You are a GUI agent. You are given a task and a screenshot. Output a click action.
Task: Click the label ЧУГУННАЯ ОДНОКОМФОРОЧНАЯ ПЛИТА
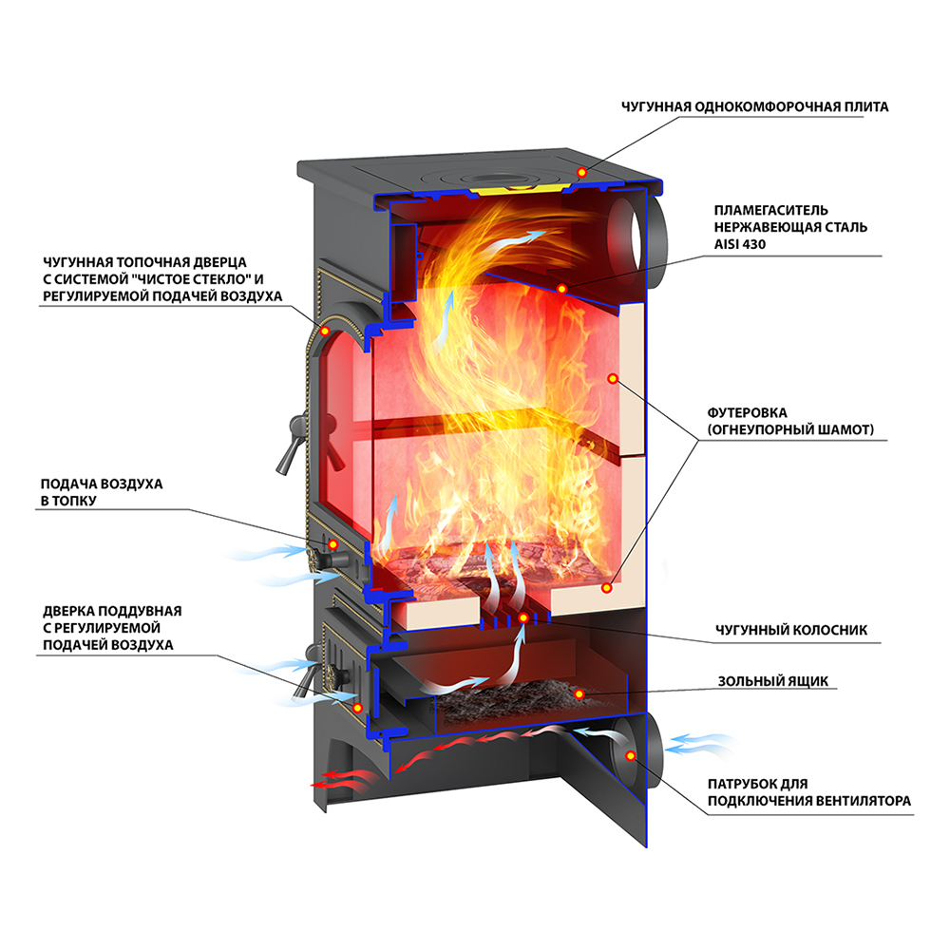click(754, 106)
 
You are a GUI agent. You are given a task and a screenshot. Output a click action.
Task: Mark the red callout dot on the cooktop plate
click(581, 172)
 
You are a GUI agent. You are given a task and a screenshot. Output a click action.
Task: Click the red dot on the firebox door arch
click(325, 331)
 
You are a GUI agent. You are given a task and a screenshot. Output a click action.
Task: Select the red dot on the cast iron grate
click(523, 618)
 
